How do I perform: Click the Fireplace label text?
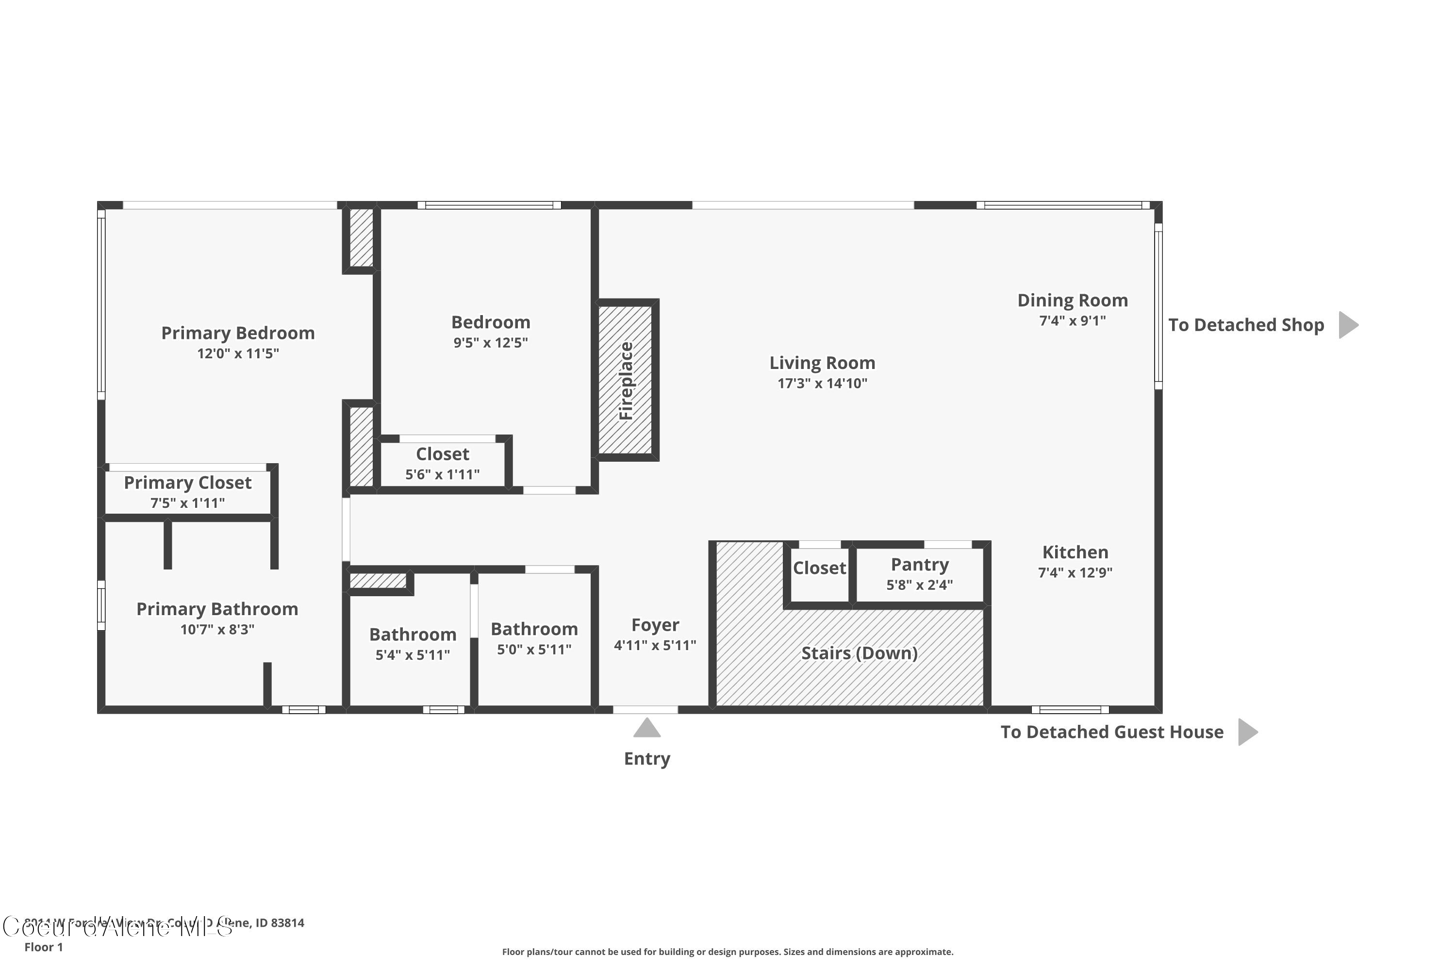click(627, 381)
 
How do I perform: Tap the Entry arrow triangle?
click(647, 728)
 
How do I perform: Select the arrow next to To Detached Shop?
click(1348, 325)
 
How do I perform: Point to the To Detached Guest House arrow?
click(1247, 732)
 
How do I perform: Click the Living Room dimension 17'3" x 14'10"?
click(822, 384)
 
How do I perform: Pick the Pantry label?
click(919, 564)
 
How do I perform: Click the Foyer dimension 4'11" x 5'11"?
click(655, 645)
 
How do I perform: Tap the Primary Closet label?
click(187, 483)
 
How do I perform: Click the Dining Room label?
click(1072, 301)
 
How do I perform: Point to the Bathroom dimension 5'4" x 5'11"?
click(412, 655)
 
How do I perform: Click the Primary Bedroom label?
click(238, 333)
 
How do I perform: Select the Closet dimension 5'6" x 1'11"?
click(442, 475)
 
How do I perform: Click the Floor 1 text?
click(43, 947)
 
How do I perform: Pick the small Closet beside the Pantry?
click(819, 568)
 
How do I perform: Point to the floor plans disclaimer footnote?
click(728, 952)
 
